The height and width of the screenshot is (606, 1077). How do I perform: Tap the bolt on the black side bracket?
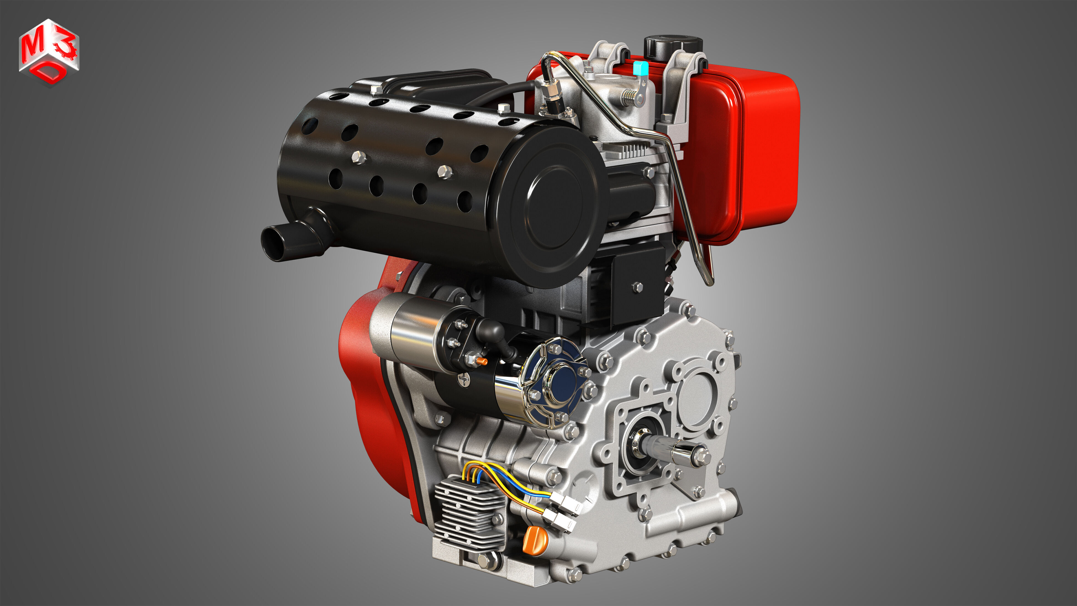pyautogui.click(x=637, y=287)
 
